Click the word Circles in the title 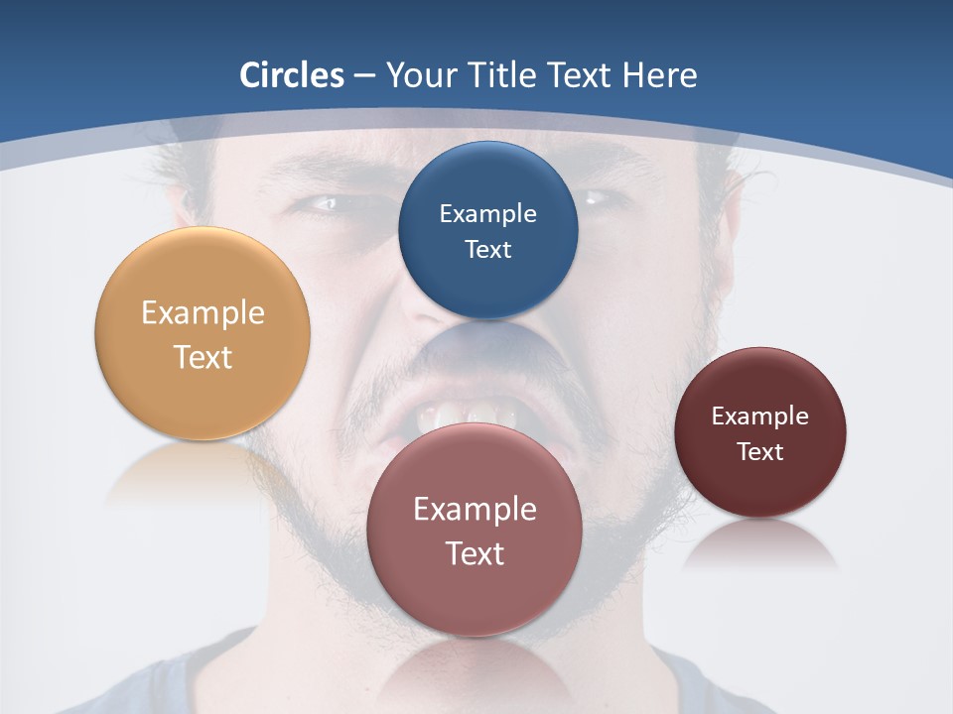(292, 75)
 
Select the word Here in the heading (660, 75)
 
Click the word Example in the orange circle (203, 313)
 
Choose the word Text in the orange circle (203, 357)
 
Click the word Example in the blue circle (487, 213)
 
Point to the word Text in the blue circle (487, 249)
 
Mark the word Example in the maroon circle (760, 416)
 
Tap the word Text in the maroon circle (760, 451)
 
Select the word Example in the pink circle (475, 509)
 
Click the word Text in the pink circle (475, 552)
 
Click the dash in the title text (364, 76)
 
